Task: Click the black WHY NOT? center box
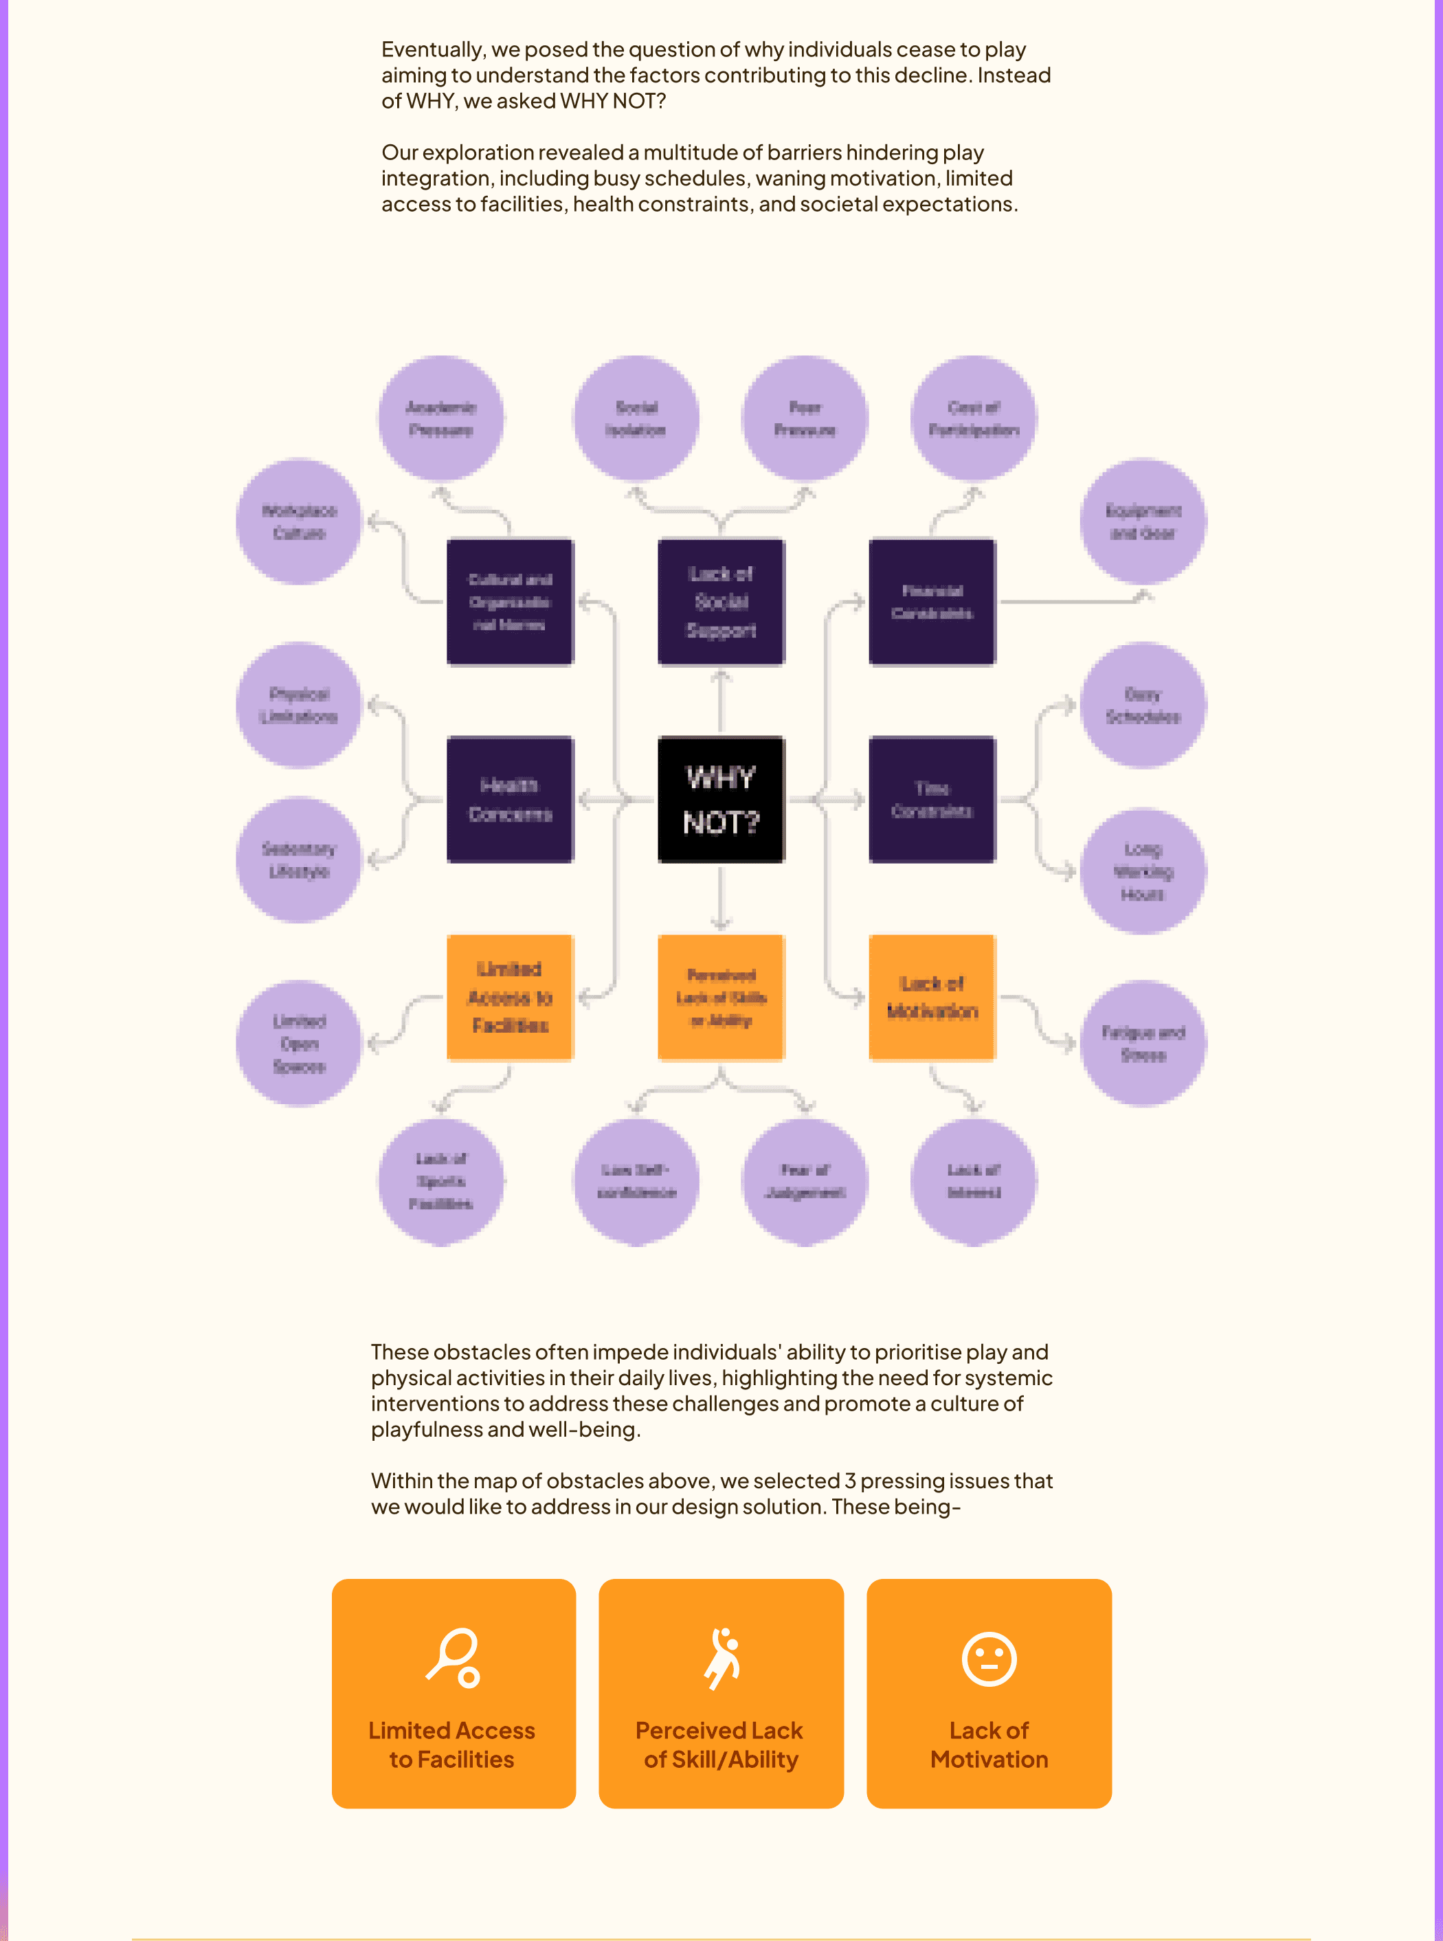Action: point(721,799)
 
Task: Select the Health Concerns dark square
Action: point(510,799)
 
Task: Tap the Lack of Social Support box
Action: point(721,602)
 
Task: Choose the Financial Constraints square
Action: point(932,602)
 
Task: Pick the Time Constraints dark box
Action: point(932,799)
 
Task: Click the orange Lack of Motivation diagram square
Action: point(932,997)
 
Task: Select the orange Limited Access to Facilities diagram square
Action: point(510,997)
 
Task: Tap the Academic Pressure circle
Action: point(441,418)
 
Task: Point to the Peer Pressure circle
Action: point(805,418)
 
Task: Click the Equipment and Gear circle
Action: point(1143,521)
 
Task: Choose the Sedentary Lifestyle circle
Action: point(299,859)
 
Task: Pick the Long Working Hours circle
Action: point(1143,871)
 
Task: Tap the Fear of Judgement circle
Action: point(805,1181)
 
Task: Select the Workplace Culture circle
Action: point(299,521)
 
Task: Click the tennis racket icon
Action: point(454,1657)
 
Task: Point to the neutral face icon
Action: point(989,1658)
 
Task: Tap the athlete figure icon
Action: point(722,1657)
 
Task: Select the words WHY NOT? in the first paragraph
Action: point(612,101)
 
